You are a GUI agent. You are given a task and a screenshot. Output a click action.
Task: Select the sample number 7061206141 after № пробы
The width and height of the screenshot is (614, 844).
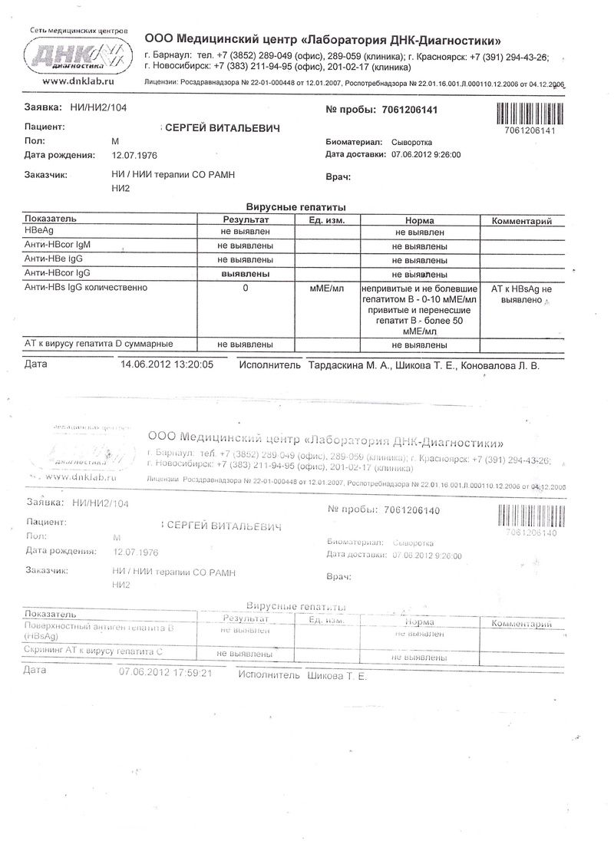[x=409, y=110]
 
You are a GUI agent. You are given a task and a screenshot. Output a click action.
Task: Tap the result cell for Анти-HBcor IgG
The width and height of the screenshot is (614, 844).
[x=245, y=273]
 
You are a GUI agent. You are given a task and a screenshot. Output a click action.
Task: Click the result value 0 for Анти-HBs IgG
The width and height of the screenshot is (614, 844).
[x=245, y=288]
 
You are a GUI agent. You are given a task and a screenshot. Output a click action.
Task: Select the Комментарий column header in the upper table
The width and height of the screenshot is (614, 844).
[x=522, y=220]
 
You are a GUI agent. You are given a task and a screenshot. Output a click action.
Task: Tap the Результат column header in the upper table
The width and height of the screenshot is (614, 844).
[x=245, y=220]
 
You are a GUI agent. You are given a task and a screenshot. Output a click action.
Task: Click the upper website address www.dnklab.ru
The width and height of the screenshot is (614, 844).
[x=78, y=80]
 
